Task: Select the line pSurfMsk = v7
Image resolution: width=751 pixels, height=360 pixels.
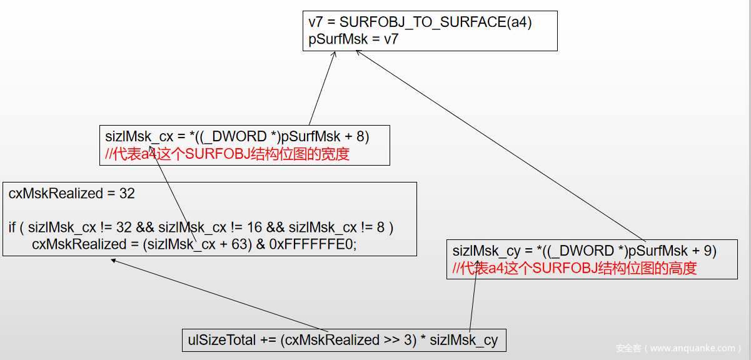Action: pyautogui.click(x=353, y=39)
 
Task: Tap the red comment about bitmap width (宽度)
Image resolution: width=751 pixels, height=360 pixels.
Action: pyautogui.click(x=227, y=154)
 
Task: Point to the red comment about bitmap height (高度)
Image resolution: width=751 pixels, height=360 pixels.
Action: pyautogui.click(x=574, y=268)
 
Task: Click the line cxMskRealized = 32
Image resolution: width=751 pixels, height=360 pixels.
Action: pyautogui.click(x=71, y=194)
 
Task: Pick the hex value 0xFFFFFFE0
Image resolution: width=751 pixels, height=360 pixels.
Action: pyautogui.click(x=313, y=244)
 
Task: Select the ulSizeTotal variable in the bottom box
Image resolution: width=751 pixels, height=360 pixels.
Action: pyautogui.click(x=222, y=340)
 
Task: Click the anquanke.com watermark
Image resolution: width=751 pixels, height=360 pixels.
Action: pyautogui.click(x=678, y=348)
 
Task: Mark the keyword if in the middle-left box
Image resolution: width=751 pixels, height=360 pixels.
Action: pyautogui.click(x=12, y=227)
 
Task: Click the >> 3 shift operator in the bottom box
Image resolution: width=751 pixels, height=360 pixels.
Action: pyautogui.click(x=391, y=340)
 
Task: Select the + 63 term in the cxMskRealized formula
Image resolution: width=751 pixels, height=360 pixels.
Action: pyautogui.click(x=238, y=244)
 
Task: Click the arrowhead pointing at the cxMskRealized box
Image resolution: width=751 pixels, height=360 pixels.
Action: pyautogui.click(x=113, y=260)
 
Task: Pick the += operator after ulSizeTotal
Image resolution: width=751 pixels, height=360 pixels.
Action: pyautogui.click(x=268, y=340)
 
